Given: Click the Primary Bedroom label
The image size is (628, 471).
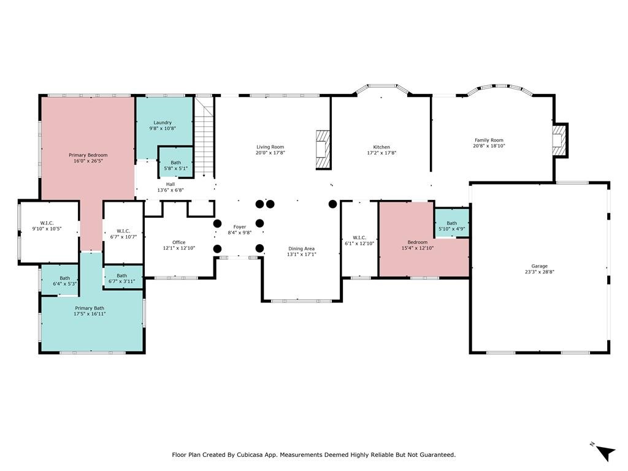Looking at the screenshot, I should click(88, 155).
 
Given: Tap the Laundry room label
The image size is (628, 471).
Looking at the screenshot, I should click(163, 123).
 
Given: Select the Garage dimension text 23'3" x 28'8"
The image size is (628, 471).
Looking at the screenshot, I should click(540, 272).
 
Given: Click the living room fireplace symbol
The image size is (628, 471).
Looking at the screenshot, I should click(323, 149).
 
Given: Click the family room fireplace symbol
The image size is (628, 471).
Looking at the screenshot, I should click(558, 140).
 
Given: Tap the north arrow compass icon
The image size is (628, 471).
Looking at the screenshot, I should click(605, 451).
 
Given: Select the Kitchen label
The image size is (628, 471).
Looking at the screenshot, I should click(381, 147).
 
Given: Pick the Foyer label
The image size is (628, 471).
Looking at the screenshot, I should click(239, 227).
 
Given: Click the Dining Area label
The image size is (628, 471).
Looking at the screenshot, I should click(301, 248).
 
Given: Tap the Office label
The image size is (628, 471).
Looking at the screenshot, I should click(178, 242).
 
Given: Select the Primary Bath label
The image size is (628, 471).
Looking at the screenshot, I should click(90, 308).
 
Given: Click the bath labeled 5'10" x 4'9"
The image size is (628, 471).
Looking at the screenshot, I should click(452, 226).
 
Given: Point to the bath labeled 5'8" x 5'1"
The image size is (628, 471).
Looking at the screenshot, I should click(176, 166).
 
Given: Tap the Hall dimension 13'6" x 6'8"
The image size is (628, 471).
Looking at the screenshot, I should click(170, 190).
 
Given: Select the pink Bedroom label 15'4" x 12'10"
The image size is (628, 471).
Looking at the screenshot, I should click(418, 242).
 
